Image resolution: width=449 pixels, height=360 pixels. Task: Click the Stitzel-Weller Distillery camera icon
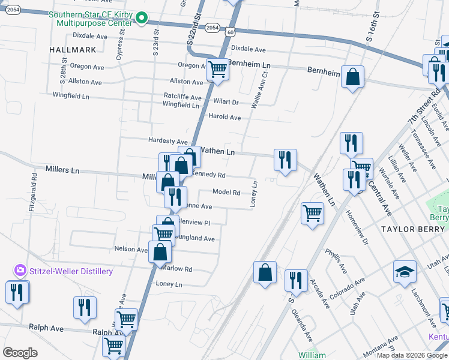[x=21, y=271]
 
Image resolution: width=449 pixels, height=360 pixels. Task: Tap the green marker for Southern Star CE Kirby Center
[x=142, y=19]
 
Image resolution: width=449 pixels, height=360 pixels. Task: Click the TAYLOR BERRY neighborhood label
[x=414, y=229]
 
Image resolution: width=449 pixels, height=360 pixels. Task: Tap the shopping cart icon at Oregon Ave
[x=217, y=70]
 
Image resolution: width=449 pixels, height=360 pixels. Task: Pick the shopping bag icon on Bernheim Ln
[x=353, y=76]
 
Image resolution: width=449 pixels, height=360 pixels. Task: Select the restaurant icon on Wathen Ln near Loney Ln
[x=285, y=160]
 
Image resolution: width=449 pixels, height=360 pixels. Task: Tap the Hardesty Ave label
[x=169, y=140]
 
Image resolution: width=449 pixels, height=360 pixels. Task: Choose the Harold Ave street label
[x=224, y=116]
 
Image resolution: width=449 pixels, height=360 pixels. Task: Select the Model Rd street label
[x=227, y=193]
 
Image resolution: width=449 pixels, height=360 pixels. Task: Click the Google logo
[x=20, y=353]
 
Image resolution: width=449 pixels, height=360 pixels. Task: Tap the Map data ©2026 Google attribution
[x=411, y=355]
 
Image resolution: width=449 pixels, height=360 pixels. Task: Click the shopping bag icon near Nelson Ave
[x=160, y=252]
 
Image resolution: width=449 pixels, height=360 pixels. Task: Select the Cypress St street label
[x=120, y=47]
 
